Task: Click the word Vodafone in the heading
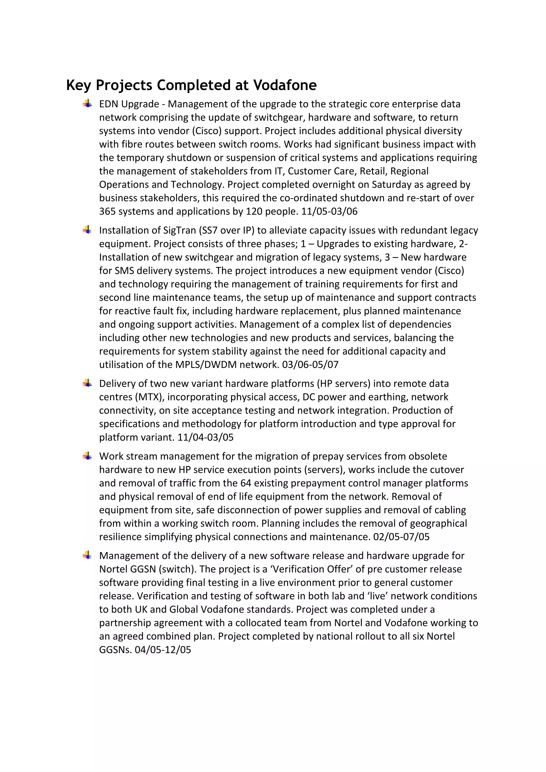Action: tap(285, 85)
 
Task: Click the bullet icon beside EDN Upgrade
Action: tap(87, 104)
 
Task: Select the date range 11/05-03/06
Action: tap(329, 212)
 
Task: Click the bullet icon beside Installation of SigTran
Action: tap(87, 230)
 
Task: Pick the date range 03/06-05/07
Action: tap(310, 365)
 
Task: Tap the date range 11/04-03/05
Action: tap(205, 437)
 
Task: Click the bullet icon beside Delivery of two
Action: tap(87, 383)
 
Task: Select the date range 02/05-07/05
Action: tap(401, 537)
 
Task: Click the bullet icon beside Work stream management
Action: tap(87, 456)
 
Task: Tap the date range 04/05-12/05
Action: tap(163, 650)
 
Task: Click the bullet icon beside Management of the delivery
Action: tap(87, 555)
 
